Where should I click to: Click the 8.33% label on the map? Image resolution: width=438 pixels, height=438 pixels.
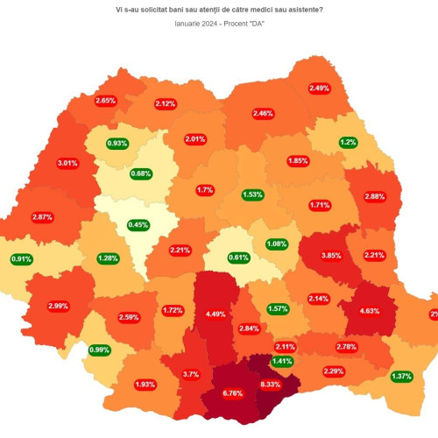tap(271, 385)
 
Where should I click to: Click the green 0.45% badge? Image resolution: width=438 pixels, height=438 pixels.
tap(138, 225)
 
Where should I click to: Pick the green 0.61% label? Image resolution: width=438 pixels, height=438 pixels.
tap(238, 258)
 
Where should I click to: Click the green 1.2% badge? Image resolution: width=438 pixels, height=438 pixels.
tap(348, 142)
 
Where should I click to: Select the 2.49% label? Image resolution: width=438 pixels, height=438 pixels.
tap(320, 88)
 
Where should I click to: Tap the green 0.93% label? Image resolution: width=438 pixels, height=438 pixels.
tap(117, 143)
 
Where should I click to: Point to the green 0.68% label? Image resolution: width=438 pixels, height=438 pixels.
tap(141, 173)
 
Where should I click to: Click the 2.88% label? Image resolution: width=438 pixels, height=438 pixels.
tap(374, 196)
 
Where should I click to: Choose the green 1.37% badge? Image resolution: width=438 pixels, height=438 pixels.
tap(402, 376)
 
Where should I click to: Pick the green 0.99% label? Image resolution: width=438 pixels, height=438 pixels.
tap(99, 350)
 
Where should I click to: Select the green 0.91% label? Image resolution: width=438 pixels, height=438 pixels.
tap(22, 259)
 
